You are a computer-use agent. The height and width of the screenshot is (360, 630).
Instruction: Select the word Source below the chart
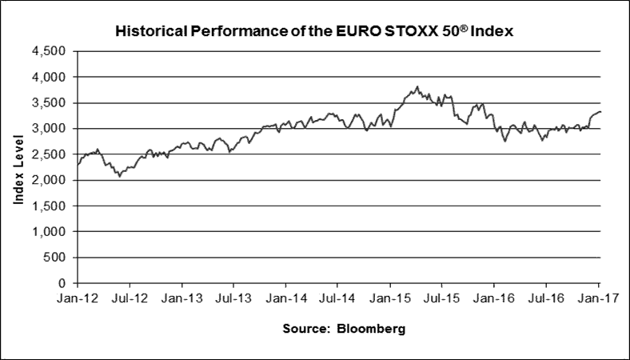[304, 330]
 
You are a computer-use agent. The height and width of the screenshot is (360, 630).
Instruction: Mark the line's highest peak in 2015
[417, 86]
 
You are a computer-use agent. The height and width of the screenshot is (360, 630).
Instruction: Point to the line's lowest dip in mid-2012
[120, 176]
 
